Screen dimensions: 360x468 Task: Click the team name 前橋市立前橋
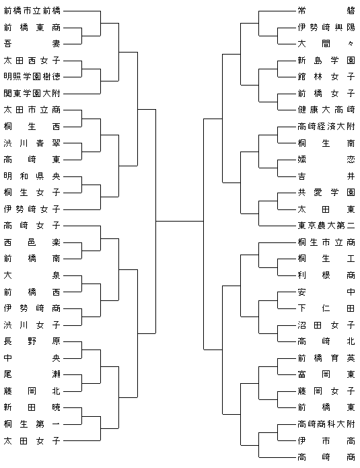click(32, 11)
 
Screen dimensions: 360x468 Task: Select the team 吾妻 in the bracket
click(32, 44)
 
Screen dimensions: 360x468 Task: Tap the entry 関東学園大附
click(32, 94)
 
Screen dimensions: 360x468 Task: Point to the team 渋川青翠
click(32, 143)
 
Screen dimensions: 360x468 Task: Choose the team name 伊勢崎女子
click(32, 209)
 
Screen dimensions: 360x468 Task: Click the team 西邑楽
click(32, 242)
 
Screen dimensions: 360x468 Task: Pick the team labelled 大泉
click(32, 275)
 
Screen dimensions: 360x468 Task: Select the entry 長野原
click(32, 341)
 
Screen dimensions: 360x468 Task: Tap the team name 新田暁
click(32, 407)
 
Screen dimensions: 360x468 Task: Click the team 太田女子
click(32, 440)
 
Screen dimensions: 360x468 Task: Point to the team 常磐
click(326, 11)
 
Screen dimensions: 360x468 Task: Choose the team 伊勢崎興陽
click(326, 28)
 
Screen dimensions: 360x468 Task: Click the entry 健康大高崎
click(326, 110)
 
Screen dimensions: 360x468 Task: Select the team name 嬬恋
click(326, 160)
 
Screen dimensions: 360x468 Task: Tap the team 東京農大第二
click(326, 226)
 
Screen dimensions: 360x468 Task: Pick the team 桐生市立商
click(326, 242)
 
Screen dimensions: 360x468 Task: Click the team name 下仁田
click(326, 308)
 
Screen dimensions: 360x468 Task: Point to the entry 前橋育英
click(326, 358)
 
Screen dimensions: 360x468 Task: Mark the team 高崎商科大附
click(326, 424)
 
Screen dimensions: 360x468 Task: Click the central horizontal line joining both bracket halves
click(180, 221)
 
